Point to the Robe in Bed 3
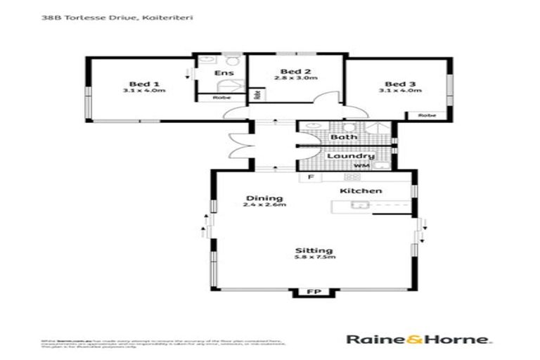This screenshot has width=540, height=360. coord(426,115)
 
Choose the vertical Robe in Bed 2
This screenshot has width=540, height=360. coord(257,94)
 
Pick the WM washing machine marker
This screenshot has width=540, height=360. coord(361,166)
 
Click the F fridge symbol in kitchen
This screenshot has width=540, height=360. coord(308,179)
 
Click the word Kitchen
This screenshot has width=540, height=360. coord(361,191)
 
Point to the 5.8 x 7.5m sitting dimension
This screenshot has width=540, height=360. coord(314,258)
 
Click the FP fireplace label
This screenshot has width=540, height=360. coord(310,290)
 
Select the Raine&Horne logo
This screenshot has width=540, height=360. coord(418,339)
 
